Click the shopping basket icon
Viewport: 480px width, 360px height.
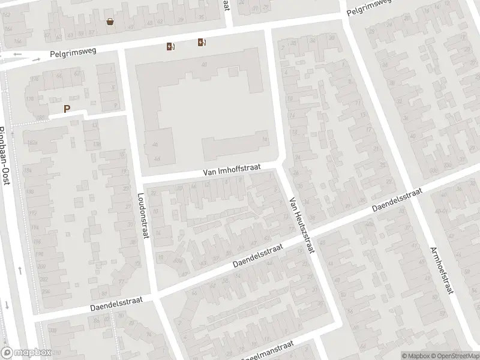click(x=110, y=22)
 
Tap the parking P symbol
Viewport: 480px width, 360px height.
click(x=67, y=109)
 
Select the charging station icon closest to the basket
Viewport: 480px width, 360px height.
click(x=171, y=47)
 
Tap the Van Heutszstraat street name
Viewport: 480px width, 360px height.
click(x=301, y=225)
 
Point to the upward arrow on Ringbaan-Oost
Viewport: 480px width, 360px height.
click(x=20, y=271)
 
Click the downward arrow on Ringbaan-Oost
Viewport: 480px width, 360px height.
click(x=6, y=304)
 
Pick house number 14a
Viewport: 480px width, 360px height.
click(x=265, y=139)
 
